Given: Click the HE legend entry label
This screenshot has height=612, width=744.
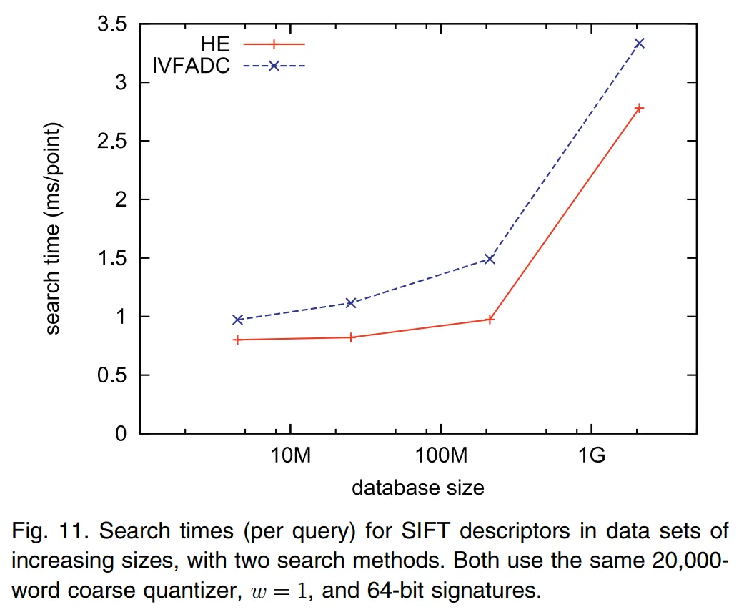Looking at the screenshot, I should pos(214,43).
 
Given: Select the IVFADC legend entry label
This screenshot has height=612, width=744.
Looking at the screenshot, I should pos(191,66).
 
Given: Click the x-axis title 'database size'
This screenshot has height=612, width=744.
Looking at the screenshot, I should pos(418,488).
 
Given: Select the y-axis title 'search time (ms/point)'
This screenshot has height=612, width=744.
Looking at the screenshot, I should pos(54,228).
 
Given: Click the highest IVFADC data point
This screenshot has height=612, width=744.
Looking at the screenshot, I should pos(640,44).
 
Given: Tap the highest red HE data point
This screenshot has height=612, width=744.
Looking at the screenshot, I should pos(640,108).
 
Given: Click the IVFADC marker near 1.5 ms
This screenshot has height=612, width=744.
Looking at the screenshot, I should pos(490,259).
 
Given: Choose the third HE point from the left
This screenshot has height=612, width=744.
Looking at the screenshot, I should pos(490,320).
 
